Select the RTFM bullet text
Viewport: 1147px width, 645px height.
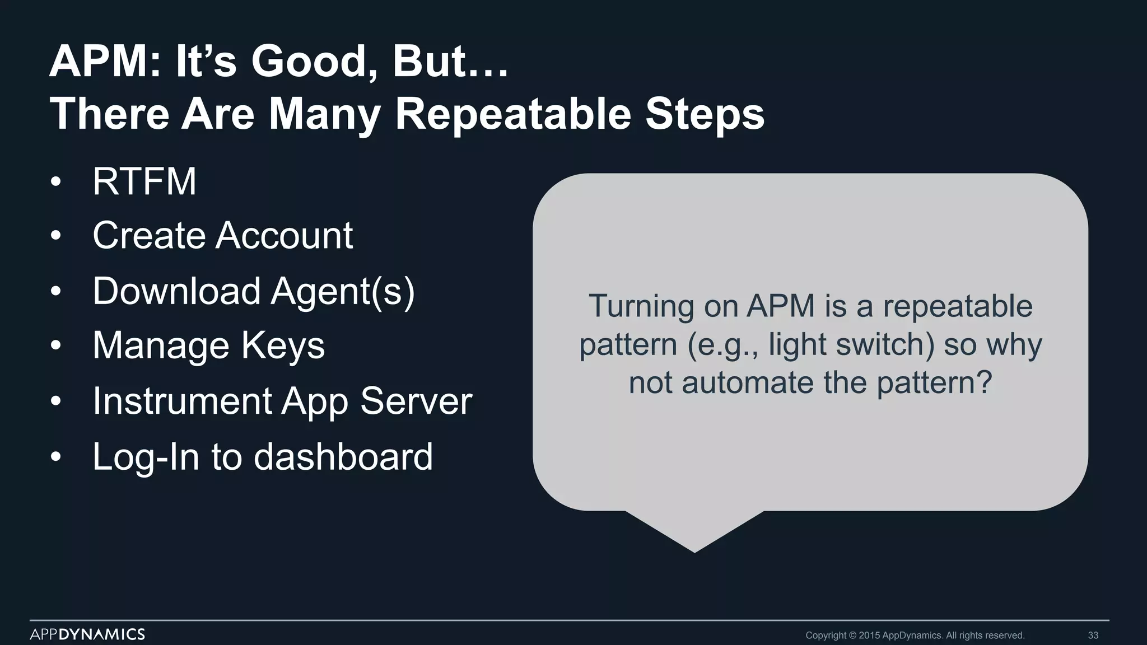click(144, 181)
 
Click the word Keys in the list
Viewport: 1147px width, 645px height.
click(283, 345)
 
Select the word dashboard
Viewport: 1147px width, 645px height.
click(343, 456)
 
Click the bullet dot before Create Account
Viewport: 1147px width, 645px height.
click(55, 236)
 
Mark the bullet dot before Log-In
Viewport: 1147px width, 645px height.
click(55, 457)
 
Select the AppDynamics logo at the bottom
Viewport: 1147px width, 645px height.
click(87, 634)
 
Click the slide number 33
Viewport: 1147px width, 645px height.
click(1093, 635)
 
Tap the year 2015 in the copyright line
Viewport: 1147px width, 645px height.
click(869, 635)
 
